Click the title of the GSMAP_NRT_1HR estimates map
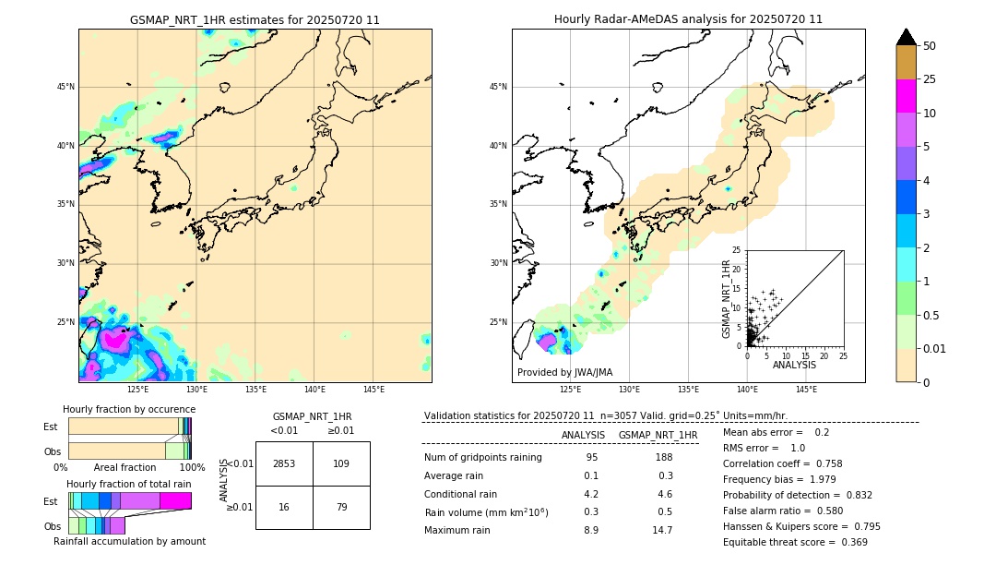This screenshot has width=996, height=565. pos(255,19)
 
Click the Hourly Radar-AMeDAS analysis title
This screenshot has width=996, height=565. pos(688,19)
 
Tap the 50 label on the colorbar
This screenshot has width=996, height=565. pos(930,46)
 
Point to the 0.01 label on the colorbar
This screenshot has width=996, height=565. pos(935,348)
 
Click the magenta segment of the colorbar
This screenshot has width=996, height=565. pos(906,96)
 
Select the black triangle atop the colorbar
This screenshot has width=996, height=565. pos(906,37)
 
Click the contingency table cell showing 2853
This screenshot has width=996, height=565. pos(284,463)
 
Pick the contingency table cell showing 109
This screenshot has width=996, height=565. pos(341,463)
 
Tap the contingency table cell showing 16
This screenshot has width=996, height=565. pos(284,507)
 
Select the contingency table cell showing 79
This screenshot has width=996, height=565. pos(341,507)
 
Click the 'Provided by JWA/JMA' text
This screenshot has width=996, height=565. pos(564,373)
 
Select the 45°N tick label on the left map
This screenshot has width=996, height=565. pos(65,87)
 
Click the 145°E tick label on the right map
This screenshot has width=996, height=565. pos(806,390)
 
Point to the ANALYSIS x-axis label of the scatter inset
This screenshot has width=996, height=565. pos(793,365)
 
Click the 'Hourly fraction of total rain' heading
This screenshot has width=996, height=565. pos(129,484)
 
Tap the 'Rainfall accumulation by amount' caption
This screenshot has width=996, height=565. pos(129,541)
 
